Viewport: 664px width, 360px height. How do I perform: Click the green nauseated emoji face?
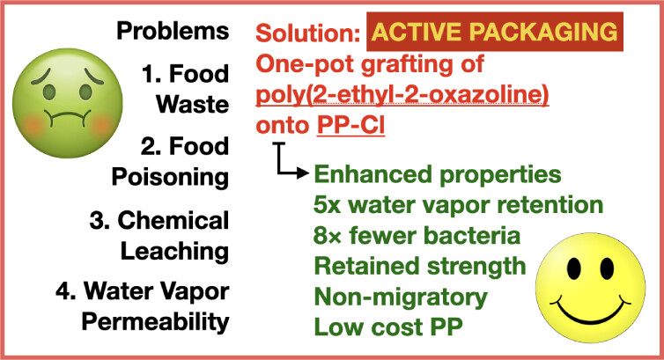coord(68,104)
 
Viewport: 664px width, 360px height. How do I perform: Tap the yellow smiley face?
coord(590,288)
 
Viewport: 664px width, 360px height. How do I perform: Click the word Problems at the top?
coord(173,31)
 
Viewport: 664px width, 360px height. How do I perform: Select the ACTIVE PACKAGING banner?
coord(495,32)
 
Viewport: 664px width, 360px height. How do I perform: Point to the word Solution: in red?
coord(308,33)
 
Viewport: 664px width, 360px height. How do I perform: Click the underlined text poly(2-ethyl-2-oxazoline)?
coord(402,95)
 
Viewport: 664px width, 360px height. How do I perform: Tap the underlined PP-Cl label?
coord(351,125)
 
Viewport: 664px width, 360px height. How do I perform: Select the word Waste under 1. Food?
coord(193,104)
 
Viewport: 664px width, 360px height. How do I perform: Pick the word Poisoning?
coord(170,177)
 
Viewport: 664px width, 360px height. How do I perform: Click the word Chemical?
coord(173,220)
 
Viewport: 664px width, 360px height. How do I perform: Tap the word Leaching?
coord(175,251)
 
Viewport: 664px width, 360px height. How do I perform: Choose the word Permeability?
coord(155,322)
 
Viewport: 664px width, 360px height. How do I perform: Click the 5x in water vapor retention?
coord(328,205)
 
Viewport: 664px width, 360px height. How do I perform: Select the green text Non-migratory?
coord(401,298)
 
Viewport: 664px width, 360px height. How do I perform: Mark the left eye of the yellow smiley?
coord(574,268)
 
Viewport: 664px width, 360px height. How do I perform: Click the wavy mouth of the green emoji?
coord(68,117)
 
